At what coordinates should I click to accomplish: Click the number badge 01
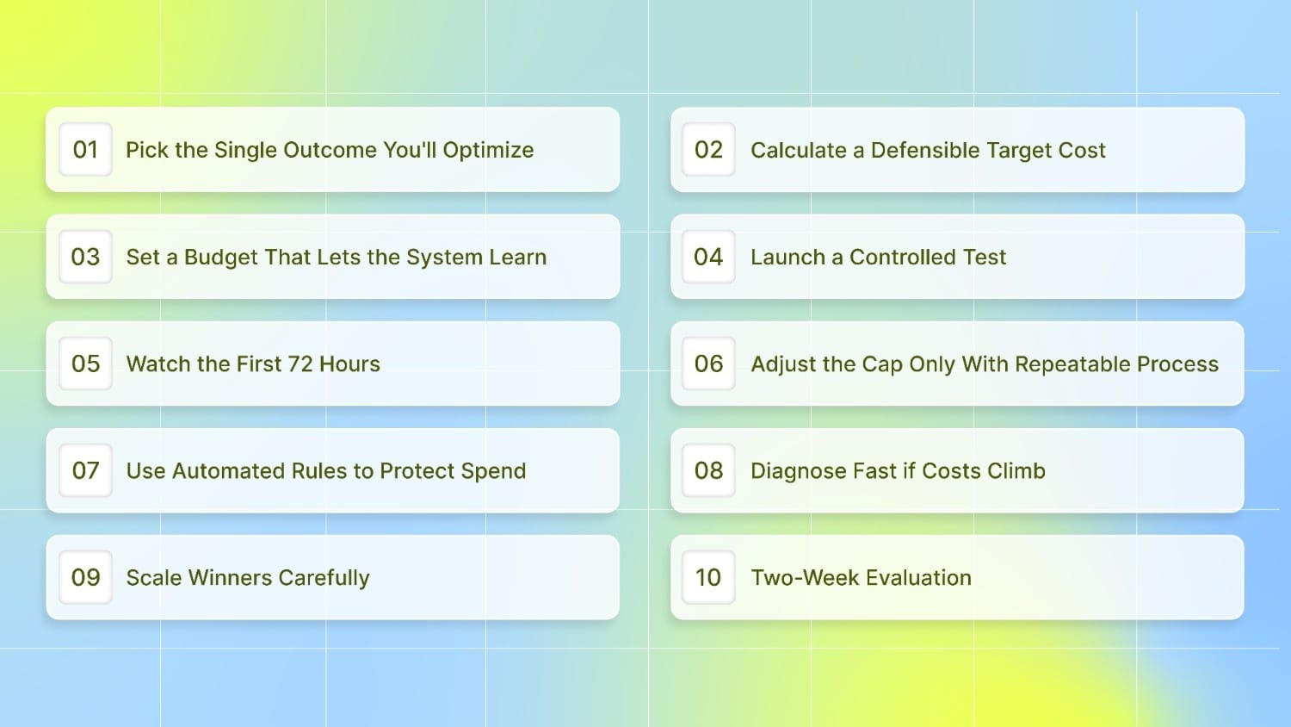(x=85, y=150)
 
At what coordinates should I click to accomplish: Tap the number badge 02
(x=708, y=150)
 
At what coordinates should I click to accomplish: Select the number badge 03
(x=85, y=257)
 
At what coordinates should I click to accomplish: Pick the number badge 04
(x=708, y=257)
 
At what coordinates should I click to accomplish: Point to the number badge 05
(x=85, y=363)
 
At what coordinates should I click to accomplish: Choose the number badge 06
(x=708, y=363)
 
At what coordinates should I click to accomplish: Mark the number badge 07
(x=85, y=470)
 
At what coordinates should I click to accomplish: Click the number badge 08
(x=708, y=470)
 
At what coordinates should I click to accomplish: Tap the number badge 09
(x=85, y=577)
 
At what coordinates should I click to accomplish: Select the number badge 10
(x=708, y=577)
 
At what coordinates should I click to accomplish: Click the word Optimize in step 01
(x=488, y=151)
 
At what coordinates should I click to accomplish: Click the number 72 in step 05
(x=300, y=364)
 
